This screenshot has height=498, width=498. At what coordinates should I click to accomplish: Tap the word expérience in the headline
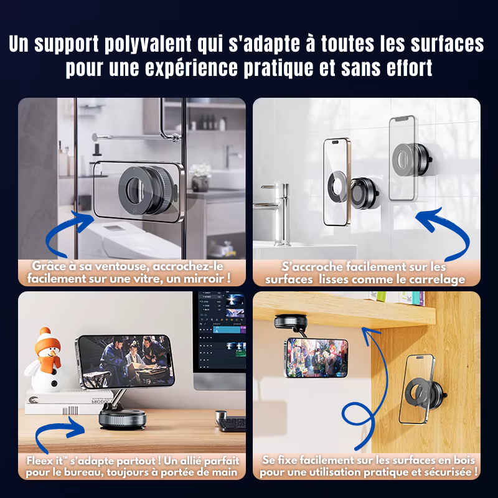click(191, 68)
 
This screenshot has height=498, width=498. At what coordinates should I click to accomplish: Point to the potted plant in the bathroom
click(200, 177)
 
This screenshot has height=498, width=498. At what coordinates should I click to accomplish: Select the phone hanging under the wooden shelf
click(316, 357)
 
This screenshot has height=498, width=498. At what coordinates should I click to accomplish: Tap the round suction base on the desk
click(122, 419)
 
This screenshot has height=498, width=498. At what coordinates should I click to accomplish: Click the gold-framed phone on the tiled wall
click(337, 182)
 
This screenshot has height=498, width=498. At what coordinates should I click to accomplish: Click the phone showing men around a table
click(125, 362)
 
